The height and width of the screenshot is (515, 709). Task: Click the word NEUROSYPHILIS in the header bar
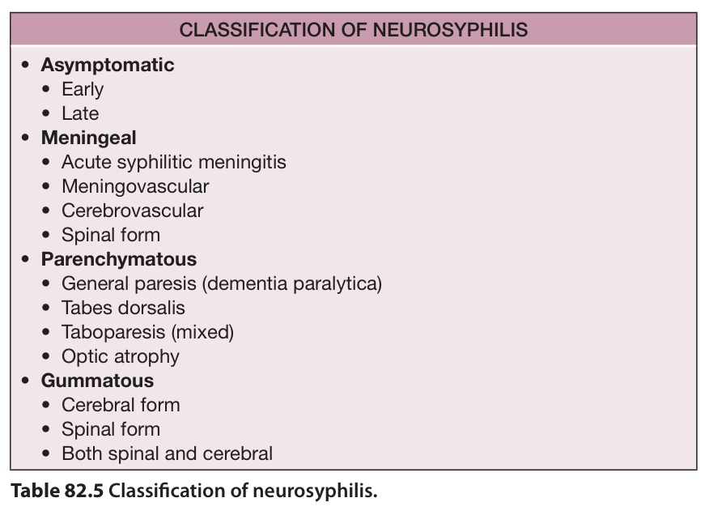click(x=450, y=30)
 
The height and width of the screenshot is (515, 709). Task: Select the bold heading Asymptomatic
click(x=108, y=65)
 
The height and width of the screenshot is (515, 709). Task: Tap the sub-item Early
click(x=83, y=90)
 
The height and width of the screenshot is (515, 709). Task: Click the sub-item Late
click(x=80, y=113)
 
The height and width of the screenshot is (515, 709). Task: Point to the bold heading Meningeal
click(x=89, y=138)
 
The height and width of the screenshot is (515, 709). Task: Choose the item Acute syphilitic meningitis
click(x=174, y=163)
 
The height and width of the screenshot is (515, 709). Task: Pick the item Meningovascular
click(x=135, y=186)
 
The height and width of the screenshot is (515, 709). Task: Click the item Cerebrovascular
click(x=133, y=211)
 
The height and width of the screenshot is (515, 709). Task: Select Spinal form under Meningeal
click(x=111, y=236)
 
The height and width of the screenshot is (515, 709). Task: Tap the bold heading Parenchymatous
click(x=119, y=259)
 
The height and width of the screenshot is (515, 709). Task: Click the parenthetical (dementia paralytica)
click(x=292, y=283)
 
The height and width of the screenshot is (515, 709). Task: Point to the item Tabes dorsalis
click(x=124, y=309)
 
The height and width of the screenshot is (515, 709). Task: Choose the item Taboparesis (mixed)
click(x=148, y=333)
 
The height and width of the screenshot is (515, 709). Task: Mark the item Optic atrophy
click(x=121, y=356)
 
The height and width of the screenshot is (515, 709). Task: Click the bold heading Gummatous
click(x=97, y=381)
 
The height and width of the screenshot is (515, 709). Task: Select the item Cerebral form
click(x=121, y=405)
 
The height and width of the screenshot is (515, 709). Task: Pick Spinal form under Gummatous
click(x=111, y=429)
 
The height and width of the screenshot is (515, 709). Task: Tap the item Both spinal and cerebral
click(x=168, y=454)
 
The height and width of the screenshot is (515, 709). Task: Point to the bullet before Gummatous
click(x=25, y=381)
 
